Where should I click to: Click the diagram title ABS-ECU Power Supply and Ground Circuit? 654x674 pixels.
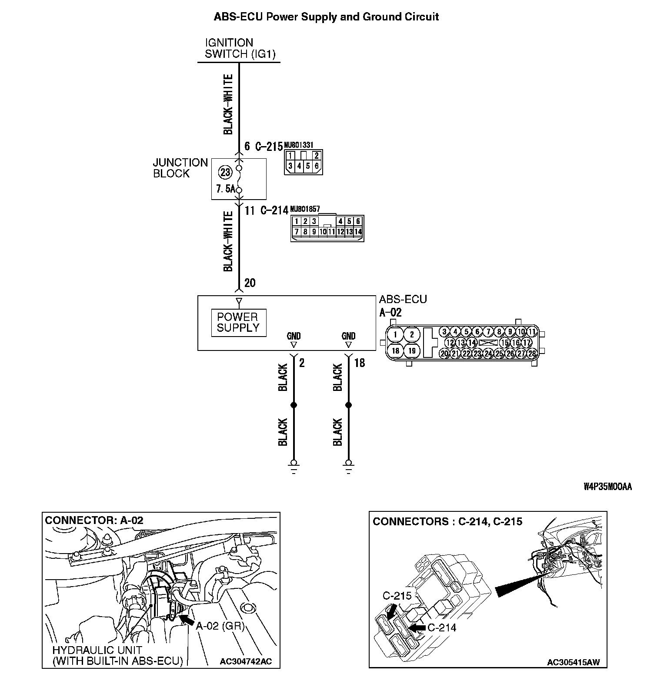pyautogui.click(x=326, y=17)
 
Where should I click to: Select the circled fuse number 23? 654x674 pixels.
pyautogui.click(x=225, y=172)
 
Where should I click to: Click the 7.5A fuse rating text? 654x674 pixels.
pyautogui.click(x=225, y=189)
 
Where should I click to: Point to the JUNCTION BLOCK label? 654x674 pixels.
pyautogui.click(x=180, y=168)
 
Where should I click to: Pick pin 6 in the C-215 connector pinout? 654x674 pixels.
pyautogui.click(x=317, y=166)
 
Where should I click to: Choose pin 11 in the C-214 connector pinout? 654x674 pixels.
pyautogui.click(x=331, y=232)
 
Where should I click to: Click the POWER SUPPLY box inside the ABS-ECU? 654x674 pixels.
pyautogui.click(x=238, y=322)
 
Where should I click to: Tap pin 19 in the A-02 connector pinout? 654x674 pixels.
pyautogui.click(x=412, y=350)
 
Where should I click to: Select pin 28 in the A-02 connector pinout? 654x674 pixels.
pyautogui.click(x=532, y=354)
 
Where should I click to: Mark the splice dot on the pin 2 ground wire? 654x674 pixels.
pyautogui.click(x=294, y=405)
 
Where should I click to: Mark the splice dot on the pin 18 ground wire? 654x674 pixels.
pyautogui.click(x=348, y=405)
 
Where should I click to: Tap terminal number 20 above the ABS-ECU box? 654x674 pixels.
pyautogui.click(x=250, y=283)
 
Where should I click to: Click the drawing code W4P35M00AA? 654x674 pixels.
pyautogui.click(x=607, y=487)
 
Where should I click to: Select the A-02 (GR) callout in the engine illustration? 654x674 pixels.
pyautogui.click(x=220, y=626)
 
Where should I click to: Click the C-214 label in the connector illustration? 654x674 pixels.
pyautogui.click(x=442, y=627)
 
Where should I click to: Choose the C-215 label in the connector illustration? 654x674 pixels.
pyautogui.click(x=397, y=596)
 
